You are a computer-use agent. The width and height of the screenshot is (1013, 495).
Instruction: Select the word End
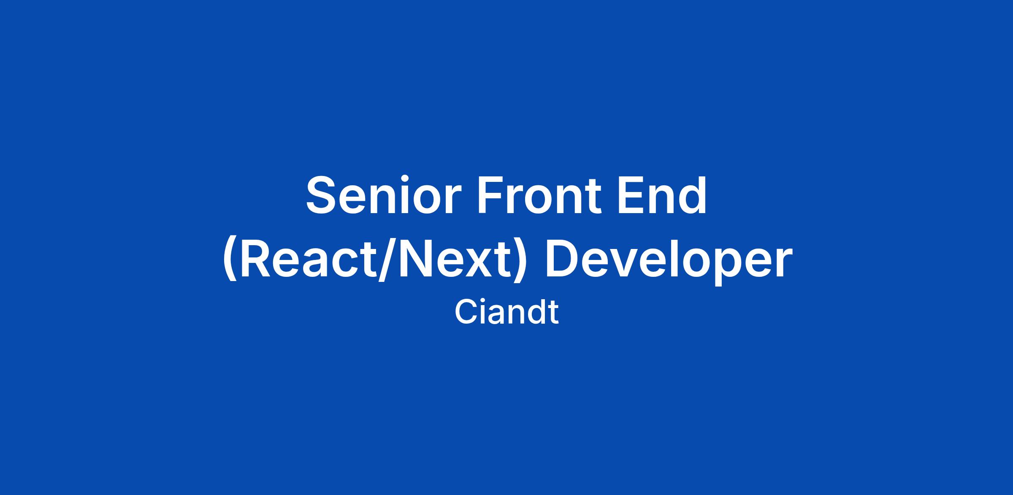click(x=661, y=195)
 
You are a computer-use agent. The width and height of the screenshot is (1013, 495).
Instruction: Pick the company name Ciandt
click(x=506, y=312)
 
